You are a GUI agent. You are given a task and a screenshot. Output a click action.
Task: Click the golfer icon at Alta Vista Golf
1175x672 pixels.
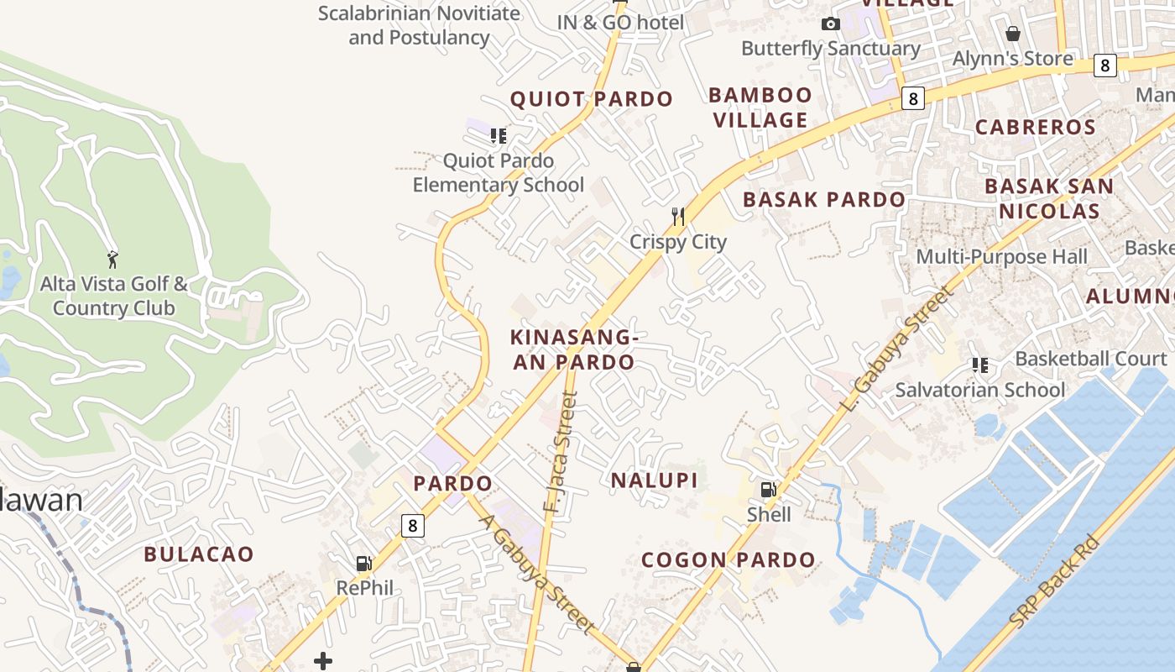coord(112,259)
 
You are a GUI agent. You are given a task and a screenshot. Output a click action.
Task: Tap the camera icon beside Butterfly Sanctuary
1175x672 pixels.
coord(831,24)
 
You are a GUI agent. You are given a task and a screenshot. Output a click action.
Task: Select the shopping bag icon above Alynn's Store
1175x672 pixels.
coord(1013,34)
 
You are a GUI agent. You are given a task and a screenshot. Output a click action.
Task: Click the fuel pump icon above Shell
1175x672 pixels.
coord(768,489)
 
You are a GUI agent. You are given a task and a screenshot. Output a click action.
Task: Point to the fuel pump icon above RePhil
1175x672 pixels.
coord(364,563)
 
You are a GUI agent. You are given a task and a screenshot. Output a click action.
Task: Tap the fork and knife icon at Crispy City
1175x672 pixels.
coord(678,217)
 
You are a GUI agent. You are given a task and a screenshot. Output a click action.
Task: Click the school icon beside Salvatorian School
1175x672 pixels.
coord(979,365)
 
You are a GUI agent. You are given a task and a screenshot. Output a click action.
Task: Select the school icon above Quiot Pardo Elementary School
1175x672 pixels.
coord(499,135)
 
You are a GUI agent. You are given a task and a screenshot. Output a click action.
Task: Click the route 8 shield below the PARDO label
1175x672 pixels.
coord(412,526)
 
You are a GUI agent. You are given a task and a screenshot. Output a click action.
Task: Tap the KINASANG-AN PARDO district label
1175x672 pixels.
coord(573,349)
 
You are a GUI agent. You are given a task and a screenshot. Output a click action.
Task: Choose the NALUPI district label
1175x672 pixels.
coord(654,480)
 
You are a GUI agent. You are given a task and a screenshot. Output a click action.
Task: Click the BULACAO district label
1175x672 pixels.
coord(198,554)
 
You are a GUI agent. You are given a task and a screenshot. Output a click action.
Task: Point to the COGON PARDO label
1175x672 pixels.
coord(728,560)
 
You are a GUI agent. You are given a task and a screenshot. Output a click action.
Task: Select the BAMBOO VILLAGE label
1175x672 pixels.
coord(760,108)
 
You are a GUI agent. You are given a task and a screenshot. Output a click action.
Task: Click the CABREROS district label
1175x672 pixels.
coord(1035,128)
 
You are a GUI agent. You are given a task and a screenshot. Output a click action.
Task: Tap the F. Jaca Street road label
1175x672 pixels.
coord(559,454)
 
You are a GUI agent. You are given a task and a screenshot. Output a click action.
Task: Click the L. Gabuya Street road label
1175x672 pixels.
coord(897,349)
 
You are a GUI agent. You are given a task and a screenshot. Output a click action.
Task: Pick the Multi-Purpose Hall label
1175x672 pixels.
coord(1001,257)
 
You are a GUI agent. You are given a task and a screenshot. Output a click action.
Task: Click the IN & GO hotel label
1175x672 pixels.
coord(621,23)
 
